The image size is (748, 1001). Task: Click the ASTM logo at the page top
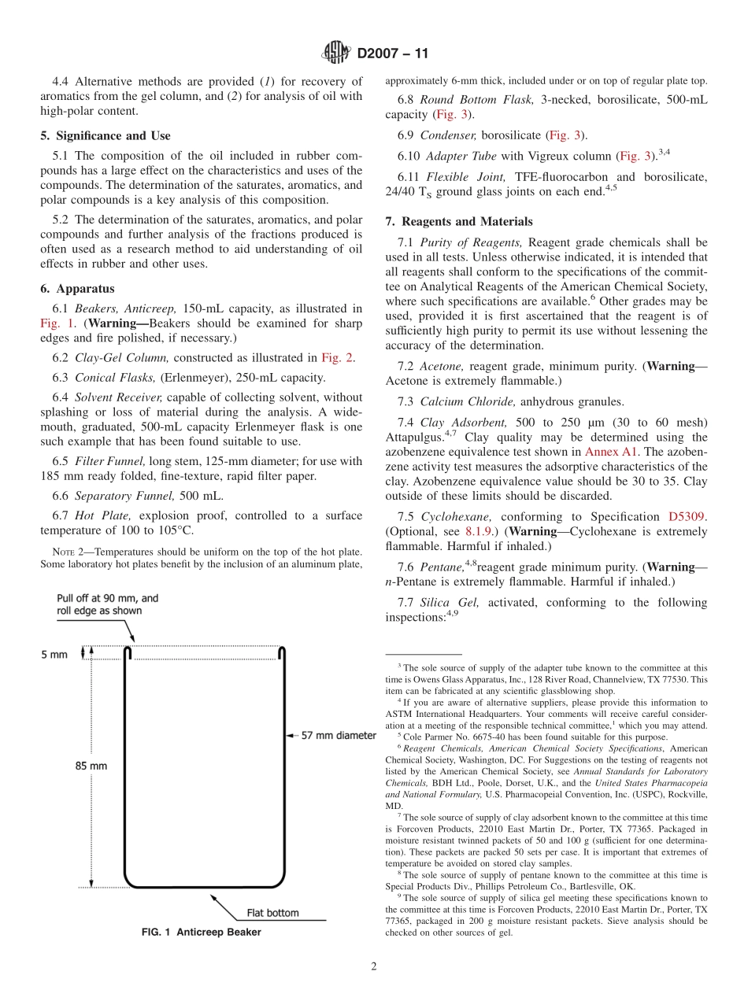pyautogui.click(x=336, y=54)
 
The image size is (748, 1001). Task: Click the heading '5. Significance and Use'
pyautogui.click(x=105, y=136)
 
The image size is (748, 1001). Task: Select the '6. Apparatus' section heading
pyautogui.click(x=77, y=289)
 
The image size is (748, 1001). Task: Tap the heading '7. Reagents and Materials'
pyautogui.click(x=458, y=222)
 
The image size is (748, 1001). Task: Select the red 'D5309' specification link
pyautogui.click(x=687, y=517)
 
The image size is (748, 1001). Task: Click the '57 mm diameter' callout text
pyautogui.click(x=328, y=736)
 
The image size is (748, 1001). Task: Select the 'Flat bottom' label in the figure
pyautogui.click(x=272, y=913)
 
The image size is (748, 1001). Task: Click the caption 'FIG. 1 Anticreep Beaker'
pyautogui.click(x=201, y=933)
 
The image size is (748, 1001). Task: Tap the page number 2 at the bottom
pyautogui.click(x=374, y=967)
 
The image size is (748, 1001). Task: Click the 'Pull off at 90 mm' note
pyautogui.click(x=107, y=604)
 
